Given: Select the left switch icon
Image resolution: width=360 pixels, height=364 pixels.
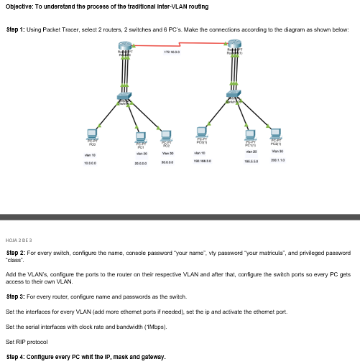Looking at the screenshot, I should (x=125, y=97).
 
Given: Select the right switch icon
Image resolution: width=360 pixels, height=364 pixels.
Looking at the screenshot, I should (x=234, y=94).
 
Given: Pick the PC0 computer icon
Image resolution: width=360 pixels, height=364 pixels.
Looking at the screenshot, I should (x=91, y=134).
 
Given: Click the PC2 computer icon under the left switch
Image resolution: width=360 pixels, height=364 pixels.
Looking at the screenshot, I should (x=166, y=134).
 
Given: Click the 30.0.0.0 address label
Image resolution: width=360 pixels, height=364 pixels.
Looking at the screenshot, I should (x=167, y=164).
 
